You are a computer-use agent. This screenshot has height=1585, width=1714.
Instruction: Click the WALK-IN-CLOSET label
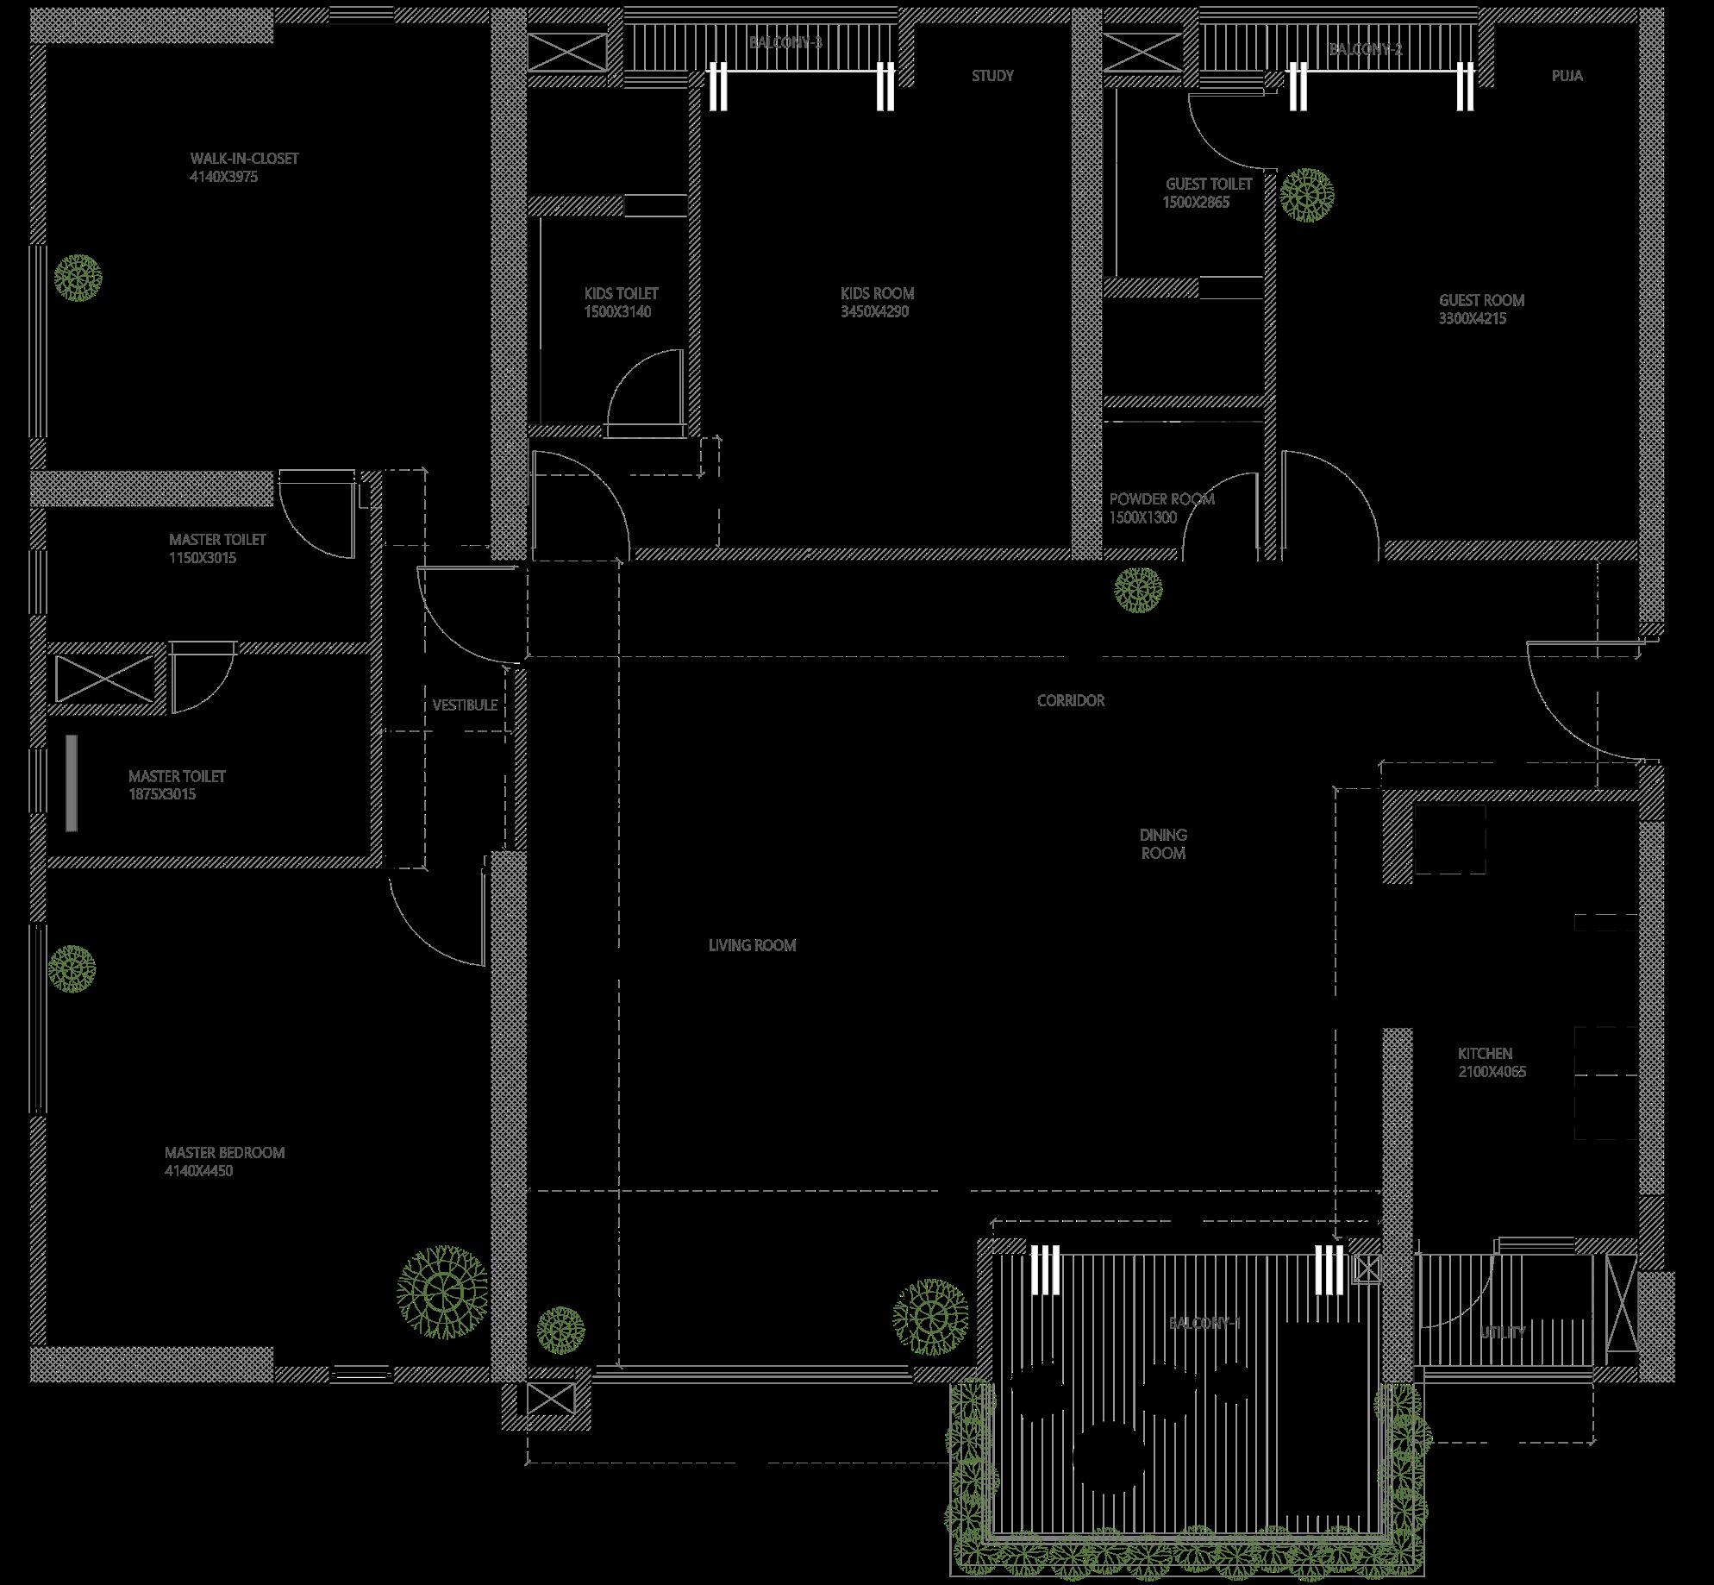tap(244, 159)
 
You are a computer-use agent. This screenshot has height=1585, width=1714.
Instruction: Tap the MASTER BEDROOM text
tap(224, 1153)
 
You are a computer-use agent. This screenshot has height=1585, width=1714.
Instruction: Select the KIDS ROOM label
tap(877, 293)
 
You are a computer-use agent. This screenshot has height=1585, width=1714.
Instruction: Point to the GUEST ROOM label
tap(1481, 300)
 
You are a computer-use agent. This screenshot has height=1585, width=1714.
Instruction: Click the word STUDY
tap(992, 76)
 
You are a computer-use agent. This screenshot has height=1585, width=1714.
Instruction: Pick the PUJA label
tap(1567, 76)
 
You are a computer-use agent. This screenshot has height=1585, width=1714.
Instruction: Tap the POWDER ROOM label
tap(1161, 499)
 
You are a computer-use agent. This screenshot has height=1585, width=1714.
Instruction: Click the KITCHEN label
tap(1485, 1054)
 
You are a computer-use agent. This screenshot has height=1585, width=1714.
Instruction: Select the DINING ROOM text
tap(1163, 844)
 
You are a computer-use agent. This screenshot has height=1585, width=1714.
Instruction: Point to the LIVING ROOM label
tap(752, 946)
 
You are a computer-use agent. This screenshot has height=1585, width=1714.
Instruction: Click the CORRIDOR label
tap(1070, 701)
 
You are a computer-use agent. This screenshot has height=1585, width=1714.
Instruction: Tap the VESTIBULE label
tap(465, 705)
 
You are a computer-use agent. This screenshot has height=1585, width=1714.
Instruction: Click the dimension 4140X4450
tap(198, 1171)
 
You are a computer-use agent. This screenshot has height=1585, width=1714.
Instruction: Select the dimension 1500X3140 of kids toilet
tap(617, 312)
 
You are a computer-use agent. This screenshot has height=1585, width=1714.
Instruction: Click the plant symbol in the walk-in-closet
tap(78, 278)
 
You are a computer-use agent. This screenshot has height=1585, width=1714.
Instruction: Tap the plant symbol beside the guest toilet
tap(1306, 194)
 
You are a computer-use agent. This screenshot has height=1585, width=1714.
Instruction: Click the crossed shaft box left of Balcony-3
tap(566, 52)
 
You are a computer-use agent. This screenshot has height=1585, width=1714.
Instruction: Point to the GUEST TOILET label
tap(1209, 185)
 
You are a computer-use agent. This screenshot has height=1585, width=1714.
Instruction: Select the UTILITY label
tap(1503, 1332)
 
